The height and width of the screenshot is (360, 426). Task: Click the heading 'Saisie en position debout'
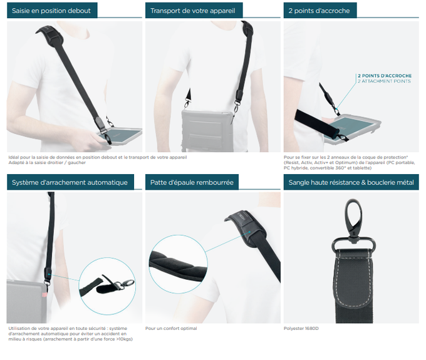tap(51, 11)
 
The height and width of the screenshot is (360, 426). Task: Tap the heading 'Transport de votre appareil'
tap(192, 11)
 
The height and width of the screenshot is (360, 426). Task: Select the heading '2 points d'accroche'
tap(319, 11)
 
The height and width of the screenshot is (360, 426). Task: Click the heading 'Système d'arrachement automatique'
tap(70, 182)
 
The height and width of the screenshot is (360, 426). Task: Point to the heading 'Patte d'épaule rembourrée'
tap(192, 182)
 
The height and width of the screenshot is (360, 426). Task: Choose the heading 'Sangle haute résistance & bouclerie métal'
tap(351, 182)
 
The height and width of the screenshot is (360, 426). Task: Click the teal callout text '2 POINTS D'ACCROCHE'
tap(385, 76)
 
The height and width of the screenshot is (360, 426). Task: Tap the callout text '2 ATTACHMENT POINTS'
tap(384, 81)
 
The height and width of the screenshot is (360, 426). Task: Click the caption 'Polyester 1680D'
tap(301, 329)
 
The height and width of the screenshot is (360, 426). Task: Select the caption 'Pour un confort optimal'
tap(171, 329)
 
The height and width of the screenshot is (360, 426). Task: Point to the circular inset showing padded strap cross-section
tap(178, 264)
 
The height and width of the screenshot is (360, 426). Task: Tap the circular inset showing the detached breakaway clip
tap(107, 286)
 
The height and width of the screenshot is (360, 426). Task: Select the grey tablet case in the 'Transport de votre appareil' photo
tap(207, 130)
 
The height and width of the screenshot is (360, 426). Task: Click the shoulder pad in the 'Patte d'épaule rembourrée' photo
tap(246, 227)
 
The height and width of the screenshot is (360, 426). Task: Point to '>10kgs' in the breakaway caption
tap(124, 339)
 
